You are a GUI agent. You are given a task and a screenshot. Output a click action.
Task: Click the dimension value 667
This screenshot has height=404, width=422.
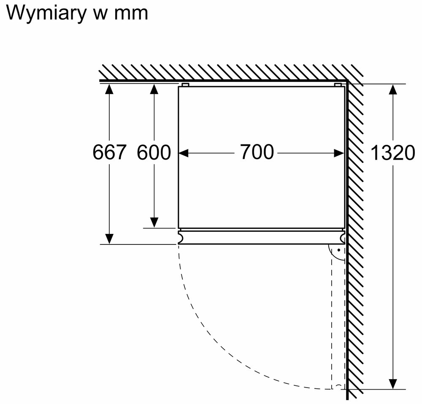point(109,152)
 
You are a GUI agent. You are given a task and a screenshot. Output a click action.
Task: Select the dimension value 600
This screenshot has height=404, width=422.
point(154,152)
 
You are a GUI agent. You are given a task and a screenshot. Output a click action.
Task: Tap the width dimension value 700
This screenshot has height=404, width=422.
point(257,152)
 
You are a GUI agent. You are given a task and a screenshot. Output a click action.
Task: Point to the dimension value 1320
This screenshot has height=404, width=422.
point(392,153)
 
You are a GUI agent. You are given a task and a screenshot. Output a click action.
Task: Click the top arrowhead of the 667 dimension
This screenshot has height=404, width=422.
point(109,89)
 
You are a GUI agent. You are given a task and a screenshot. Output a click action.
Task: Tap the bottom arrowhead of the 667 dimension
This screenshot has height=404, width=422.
point(109,239)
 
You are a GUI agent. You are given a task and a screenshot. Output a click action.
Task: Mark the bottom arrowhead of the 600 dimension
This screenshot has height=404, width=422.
point(154,222)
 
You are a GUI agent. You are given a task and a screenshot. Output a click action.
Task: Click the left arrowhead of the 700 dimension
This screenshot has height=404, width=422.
point(184,153)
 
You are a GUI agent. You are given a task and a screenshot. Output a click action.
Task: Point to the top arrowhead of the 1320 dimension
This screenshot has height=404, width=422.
point(393,89)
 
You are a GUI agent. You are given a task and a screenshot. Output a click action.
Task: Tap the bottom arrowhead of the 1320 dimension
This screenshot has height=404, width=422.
point(393,384)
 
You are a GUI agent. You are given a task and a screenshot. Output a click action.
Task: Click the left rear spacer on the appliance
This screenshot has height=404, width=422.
point(185,85)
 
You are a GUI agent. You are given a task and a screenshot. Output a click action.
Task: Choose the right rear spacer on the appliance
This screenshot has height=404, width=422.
point(338,85)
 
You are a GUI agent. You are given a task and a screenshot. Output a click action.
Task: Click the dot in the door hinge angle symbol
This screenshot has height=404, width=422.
point(339,250)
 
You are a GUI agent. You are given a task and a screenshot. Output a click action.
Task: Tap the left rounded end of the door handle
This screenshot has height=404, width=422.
point(180,237)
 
